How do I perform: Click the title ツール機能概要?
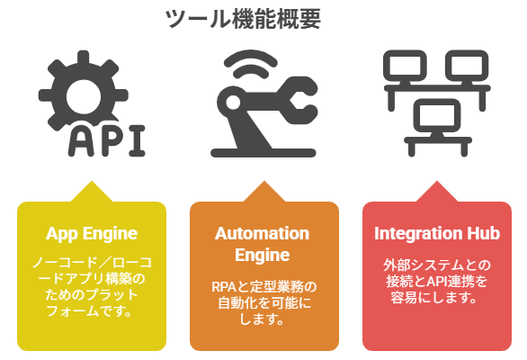click(x=243, y=19)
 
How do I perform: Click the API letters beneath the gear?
click(x=106, y=140)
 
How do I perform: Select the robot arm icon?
click(x=263, y=103)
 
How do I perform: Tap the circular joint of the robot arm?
click(x=233, y=102)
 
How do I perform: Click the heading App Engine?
click(x=92, y=233)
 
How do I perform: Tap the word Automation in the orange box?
click(x=263, y=233)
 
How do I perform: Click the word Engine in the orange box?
click(x=263, y=255)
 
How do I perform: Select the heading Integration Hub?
click(x=437, y=233)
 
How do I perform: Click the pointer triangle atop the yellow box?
click(x=92, y=192)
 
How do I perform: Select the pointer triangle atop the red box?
click(x=437, y=192)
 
